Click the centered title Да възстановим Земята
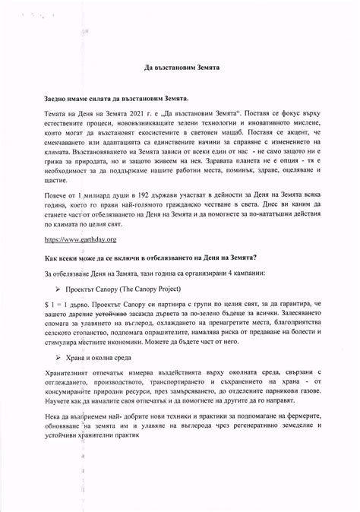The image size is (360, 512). [x=182, y=67]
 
